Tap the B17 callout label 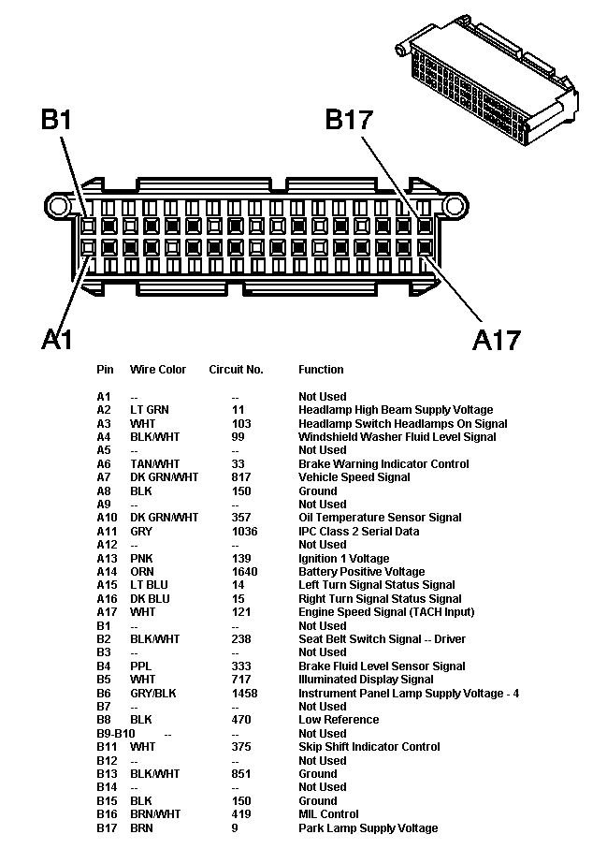click(x=349, y=120)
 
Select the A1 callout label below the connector click(x=57, y=338)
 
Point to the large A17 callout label click(x=496, y=339)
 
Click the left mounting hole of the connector click(x=58, y=205)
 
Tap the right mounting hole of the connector click(x=455, y=205)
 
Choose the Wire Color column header click(x=158, y=370)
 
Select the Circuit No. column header click(x=236, y=370)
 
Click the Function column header click(x=321, y=370)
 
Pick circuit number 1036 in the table click(x=245, y=532)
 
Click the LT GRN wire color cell click(x=150, y=410)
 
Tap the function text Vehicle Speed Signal click(x=354, y=477)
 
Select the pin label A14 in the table click(x=107, y=572)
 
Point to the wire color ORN click(x=142, y=572)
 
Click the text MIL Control click(x=328, y=814)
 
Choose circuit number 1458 click(x=245, y=694)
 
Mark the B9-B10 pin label click(x=116, y=734)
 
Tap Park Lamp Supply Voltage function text click(x=368, y=828)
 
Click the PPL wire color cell click(x=140, y=666)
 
